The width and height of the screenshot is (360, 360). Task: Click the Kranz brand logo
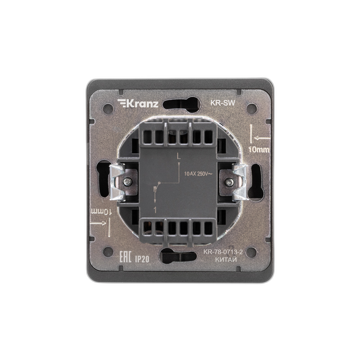(x=138, y=103)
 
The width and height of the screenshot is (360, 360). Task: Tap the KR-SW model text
(x=223, y=103)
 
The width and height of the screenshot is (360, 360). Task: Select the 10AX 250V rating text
(x=198, y=174)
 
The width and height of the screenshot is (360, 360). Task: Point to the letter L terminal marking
(x=178, y=156)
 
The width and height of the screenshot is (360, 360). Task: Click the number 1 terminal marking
(x=155, y=210)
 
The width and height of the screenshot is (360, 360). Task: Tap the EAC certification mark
(x=125, y=257)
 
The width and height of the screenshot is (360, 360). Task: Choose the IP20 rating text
(x=142, y=259)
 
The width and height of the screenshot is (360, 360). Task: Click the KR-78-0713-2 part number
(x=223, y=252)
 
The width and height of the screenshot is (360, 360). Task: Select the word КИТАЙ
(x=226, y=260)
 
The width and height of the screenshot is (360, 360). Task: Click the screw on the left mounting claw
(x=127, y=182)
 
